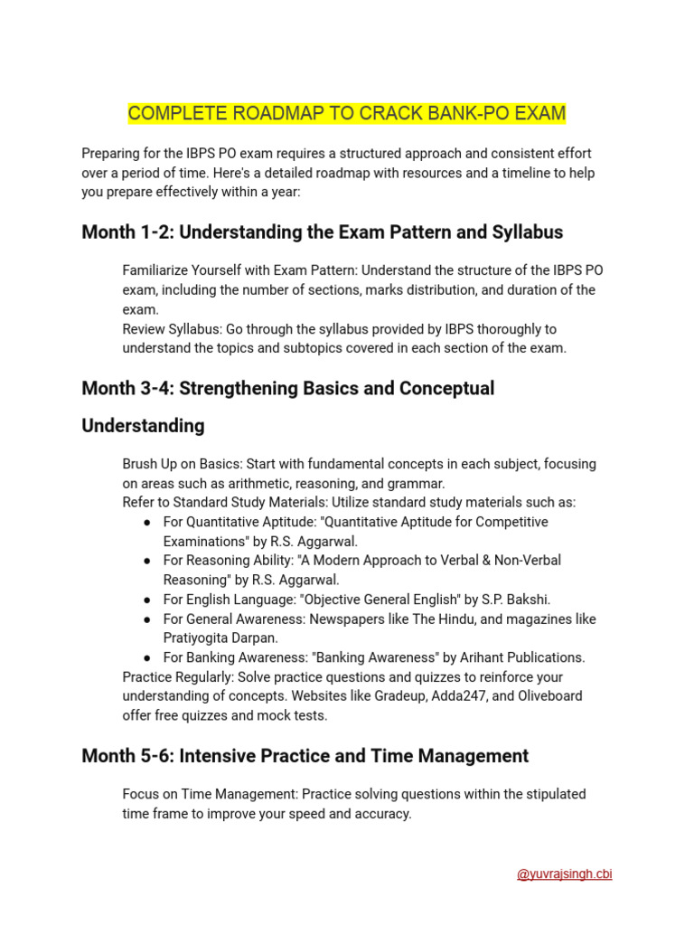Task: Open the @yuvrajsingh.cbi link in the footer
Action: point(564,874)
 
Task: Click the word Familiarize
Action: point(157,270)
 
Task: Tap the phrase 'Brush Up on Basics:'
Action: point(182,464)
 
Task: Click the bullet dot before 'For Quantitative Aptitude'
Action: point(147,523)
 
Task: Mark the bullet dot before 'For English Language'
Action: point(147,600)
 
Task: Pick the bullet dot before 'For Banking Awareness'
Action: point(147,657)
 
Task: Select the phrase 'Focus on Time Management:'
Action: point(210,794)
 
